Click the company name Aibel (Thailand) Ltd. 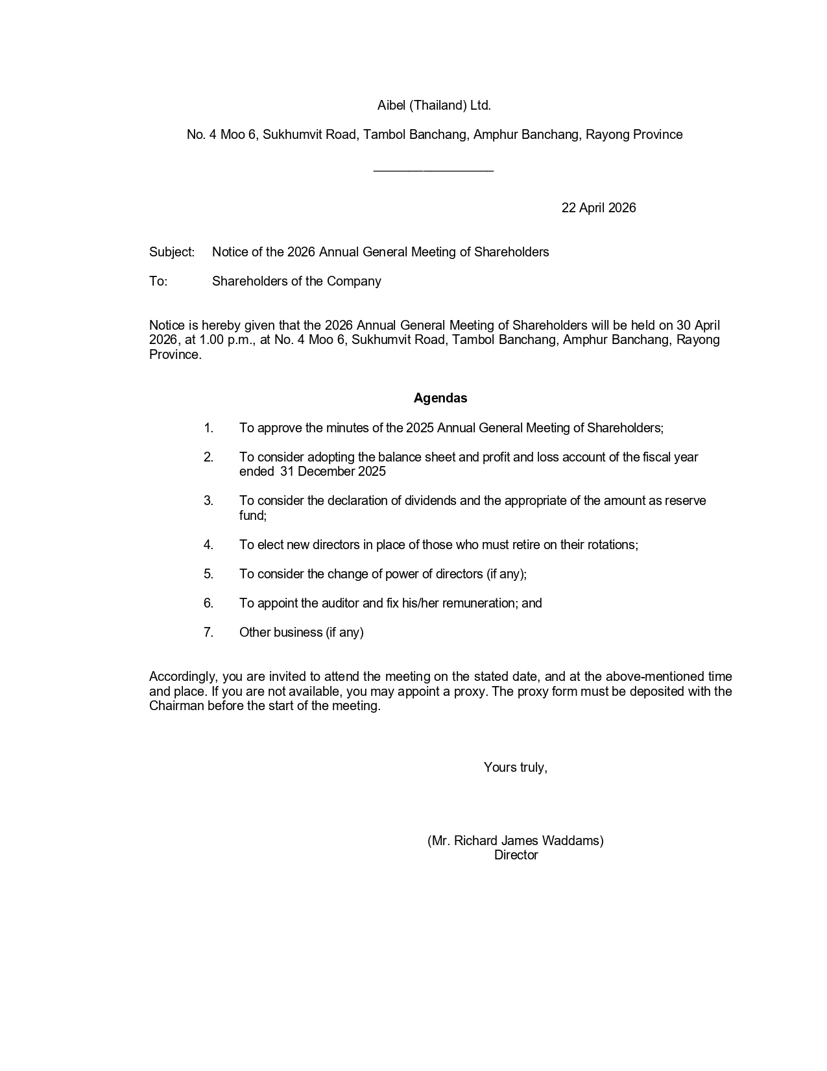pyautogui.click(x=434, y=105)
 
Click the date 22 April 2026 pyautogui.click(x=598, y=208)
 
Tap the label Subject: pyautogui.click(x=172, y=252)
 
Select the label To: pyautogui.click(x=158, y=281)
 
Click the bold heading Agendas pyautogui.click(x=440, y=398)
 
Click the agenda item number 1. pyautogui.click(x=208, y=428)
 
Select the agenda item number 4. pyautogui.click(x=208, y=545)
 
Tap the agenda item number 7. pyautogui.click(x=208, y=632)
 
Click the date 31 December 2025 pyautogui.click(x=333, y=471)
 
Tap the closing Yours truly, pyautogui.click(x=515, y=767)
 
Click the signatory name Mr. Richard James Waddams pyautogui.click(x=516, y=841)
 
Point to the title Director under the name pyautogui.click(x=516, y=855)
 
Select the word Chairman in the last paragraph pyautogui.click(x=176, y=706)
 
